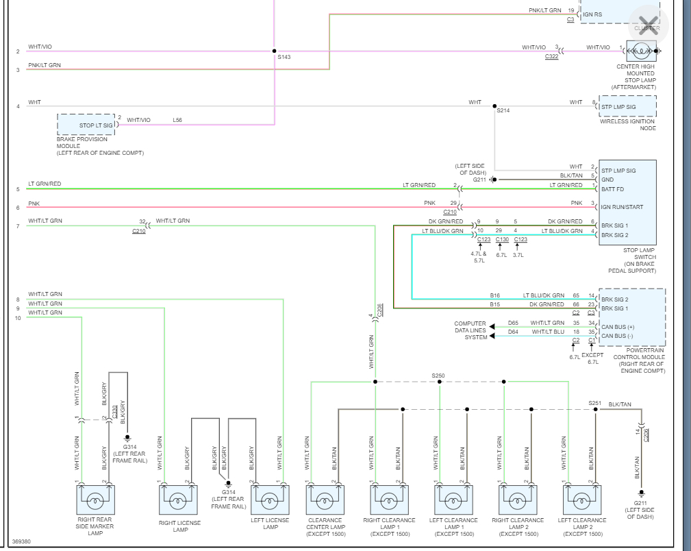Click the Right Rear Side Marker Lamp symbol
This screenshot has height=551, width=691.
pyautogui.click(x=95, y=500)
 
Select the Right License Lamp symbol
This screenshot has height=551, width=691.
pyautogui.click(x=178, y=500)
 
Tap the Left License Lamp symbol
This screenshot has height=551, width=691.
pyautogui.click(x=271, y=500)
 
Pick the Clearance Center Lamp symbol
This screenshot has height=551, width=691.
pyautogui.click(x=325, y=500)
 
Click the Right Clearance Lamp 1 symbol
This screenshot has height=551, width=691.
pyautogui.click(x=389, y=500)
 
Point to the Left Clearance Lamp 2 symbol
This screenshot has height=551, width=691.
pyautogui.click(x=581, y=500)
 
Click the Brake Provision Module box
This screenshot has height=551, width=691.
pyautogui.click(x=86, y=125)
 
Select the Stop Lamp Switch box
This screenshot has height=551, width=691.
pyautogui.click(x=627, y=203)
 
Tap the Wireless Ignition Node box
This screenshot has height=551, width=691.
pyautogui.click(x=627, y=106)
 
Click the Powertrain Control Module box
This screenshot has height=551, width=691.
pyautogui.click(x=631, y=317)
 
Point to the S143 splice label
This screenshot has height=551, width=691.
pyautogui.click(x=284, y=57)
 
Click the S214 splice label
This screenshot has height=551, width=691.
pyautogui.click(x=503, y=110)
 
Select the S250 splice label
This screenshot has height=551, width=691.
pyautogui.click(x=438, y=376)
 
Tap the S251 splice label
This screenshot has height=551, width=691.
pyautogui.click(x=594, y=404)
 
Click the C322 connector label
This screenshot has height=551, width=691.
pyautogui.click(x=551, y=57)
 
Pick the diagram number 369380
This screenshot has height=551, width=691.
pyautogui.click(x=21, y=541)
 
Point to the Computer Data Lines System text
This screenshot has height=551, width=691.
pyautogui.click(x=470, y=330)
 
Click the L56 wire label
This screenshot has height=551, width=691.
pyautogui.click(x=177, y=121)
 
